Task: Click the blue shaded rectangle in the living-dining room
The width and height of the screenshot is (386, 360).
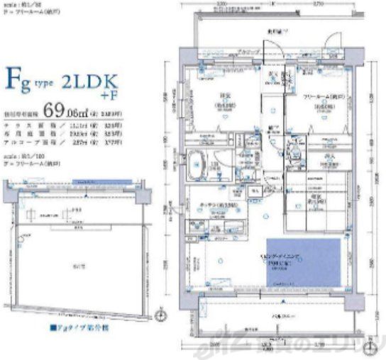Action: tap(304, 264)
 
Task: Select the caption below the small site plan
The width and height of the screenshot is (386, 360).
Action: tap(76, 328)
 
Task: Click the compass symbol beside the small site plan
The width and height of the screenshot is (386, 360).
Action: tap(161, 315)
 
